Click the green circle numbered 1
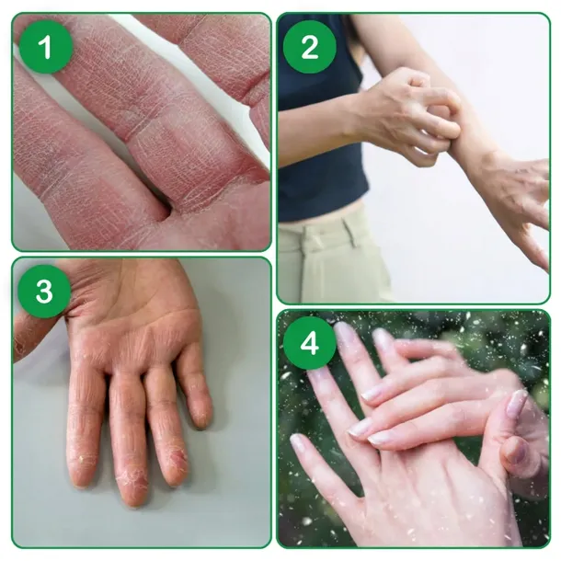coord(45,47)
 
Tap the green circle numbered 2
coord(310,47)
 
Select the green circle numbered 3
coord(44,291)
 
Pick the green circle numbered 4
coord(310,343)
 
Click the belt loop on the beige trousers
coord(349,234)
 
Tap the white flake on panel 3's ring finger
coord(82,458)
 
